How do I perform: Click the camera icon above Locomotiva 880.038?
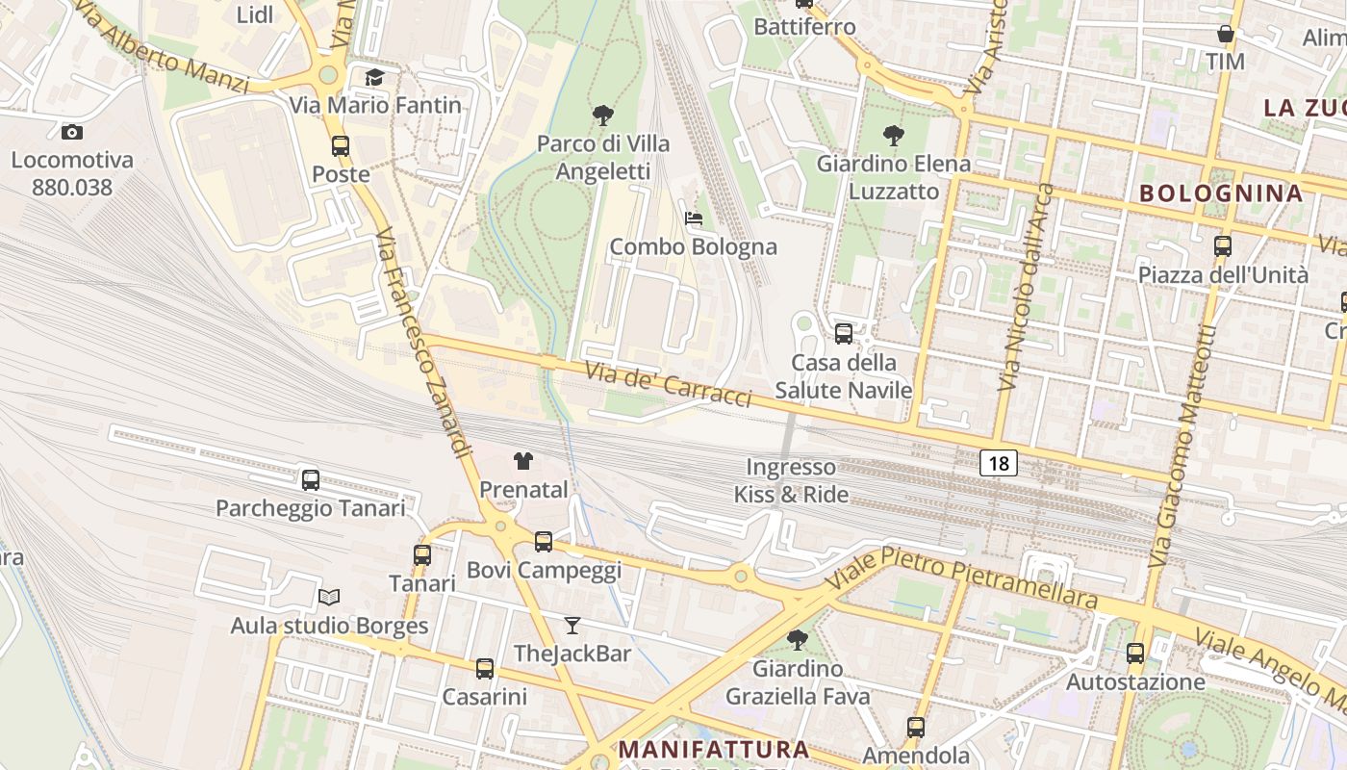click(x=72, y=133)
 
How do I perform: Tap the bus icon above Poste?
click(x=341, y=146)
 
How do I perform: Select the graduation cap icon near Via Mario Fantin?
click(x=374, y=78)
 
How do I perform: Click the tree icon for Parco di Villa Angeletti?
click(x=603, y=116)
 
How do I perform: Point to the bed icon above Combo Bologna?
click(x=694, y=218)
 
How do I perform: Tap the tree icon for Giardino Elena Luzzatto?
click(x=894, y=136)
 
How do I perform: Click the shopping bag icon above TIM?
click(x=1226, y=35)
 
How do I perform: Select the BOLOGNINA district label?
click(x=1221, y=192)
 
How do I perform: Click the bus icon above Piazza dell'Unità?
click(x=1223, y=246)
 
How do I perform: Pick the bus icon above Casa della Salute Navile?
click(x=844, y=334)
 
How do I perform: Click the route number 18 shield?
click(x=999, y=464)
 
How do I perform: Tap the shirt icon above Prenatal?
click(x=523, y=461)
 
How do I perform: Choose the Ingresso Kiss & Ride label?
click(x=792, y=481)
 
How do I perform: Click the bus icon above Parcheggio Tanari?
click(x=311, y=479)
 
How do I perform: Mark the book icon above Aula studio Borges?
click(x=329, y=598)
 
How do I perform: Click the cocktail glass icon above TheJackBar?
click(x=572, y=626)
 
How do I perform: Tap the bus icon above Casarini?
click(x=485, y=668)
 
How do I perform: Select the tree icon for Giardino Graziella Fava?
click(x=797, y=640)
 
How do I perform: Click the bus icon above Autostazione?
click(x=1135, y=654)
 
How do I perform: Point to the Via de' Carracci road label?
click(x=668, y=384)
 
